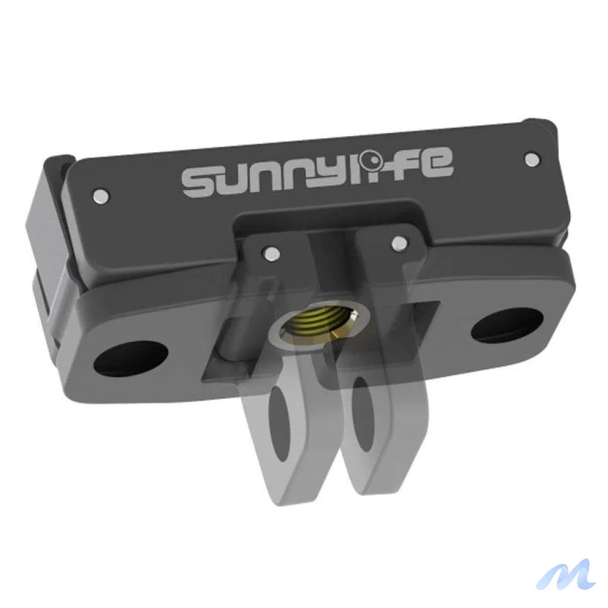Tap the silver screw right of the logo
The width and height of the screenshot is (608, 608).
pyautogui.click(x=533, y=159)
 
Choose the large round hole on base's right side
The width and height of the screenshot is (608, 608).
pyautogui.click(x=506, y=325)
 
